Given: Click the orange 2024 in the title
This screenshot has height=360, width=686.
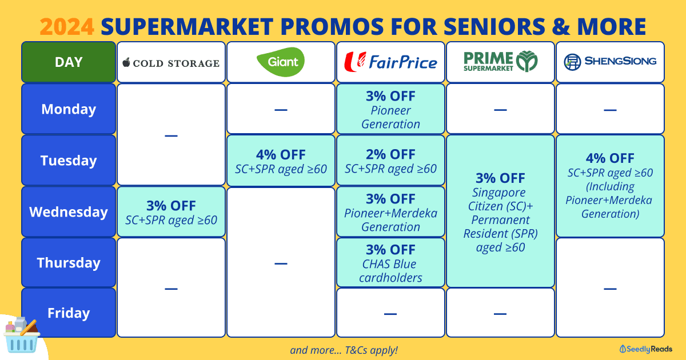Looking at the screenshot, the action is [67, 27].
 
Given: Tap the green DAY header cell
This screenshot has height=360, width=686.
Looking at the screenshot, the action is [69, 62].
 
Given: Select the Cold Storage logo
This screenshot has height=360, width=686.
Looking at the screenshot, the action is [171, 63].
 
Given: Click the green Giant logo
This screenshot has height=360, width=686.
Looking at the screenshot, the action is [281, 62].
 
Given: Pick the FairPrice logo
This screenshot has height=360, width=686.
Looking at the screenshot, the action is [390, 62].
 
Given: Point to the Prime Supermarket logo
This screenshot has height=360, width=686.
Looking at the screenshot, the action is [500, 61].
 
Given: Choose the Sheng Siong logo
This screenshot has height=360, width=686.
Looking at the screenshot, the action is [610, 62].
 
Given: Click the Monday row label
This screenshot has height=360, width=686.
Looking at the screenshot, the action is [69, 109].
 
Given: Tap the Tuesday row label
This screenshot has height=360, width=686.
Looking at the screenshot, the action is [69, 160].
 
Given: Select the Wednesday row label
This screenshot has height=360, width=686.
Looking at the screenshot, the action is [69, 211].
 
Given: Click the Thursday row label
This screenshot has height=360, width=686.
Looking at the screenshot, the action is [69, 262].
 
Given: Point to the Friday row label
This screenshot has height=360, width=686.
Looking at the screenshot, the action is [69, 313].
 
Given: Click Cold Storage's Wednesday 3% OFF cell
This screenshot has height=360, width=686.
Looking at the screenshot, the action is [171, 212].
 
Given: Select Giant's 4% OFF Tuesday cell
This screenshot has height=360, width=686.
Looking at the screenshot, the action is [281, 161].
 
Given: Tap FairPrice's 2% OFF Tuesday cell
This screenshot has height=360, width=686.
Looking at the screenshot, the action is [390, 161].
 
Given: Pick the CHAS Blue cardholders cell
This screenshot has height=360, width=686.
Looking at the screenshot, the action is [390, 263].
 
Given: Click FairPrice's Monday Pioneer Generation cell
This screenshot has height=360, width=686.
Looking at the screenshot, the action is [390, 109].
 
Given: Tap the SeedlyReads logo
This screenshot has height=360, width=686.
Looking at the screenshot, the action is [646, 349].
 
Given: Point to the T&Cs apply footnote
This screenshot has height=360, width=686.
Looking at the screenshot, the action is [344, 350].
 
